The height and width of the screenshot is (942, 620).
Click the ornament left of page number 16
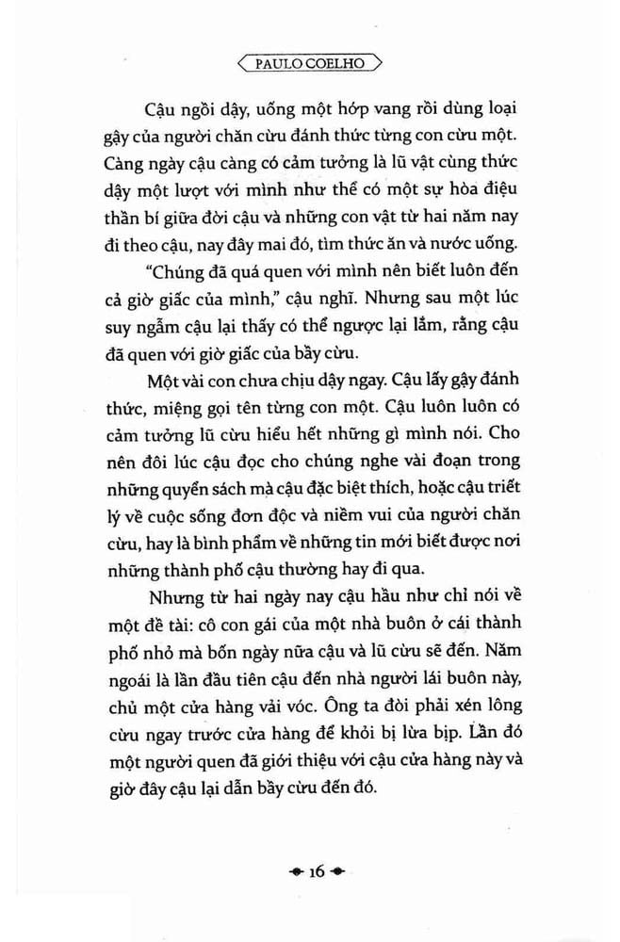point(294,872)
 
